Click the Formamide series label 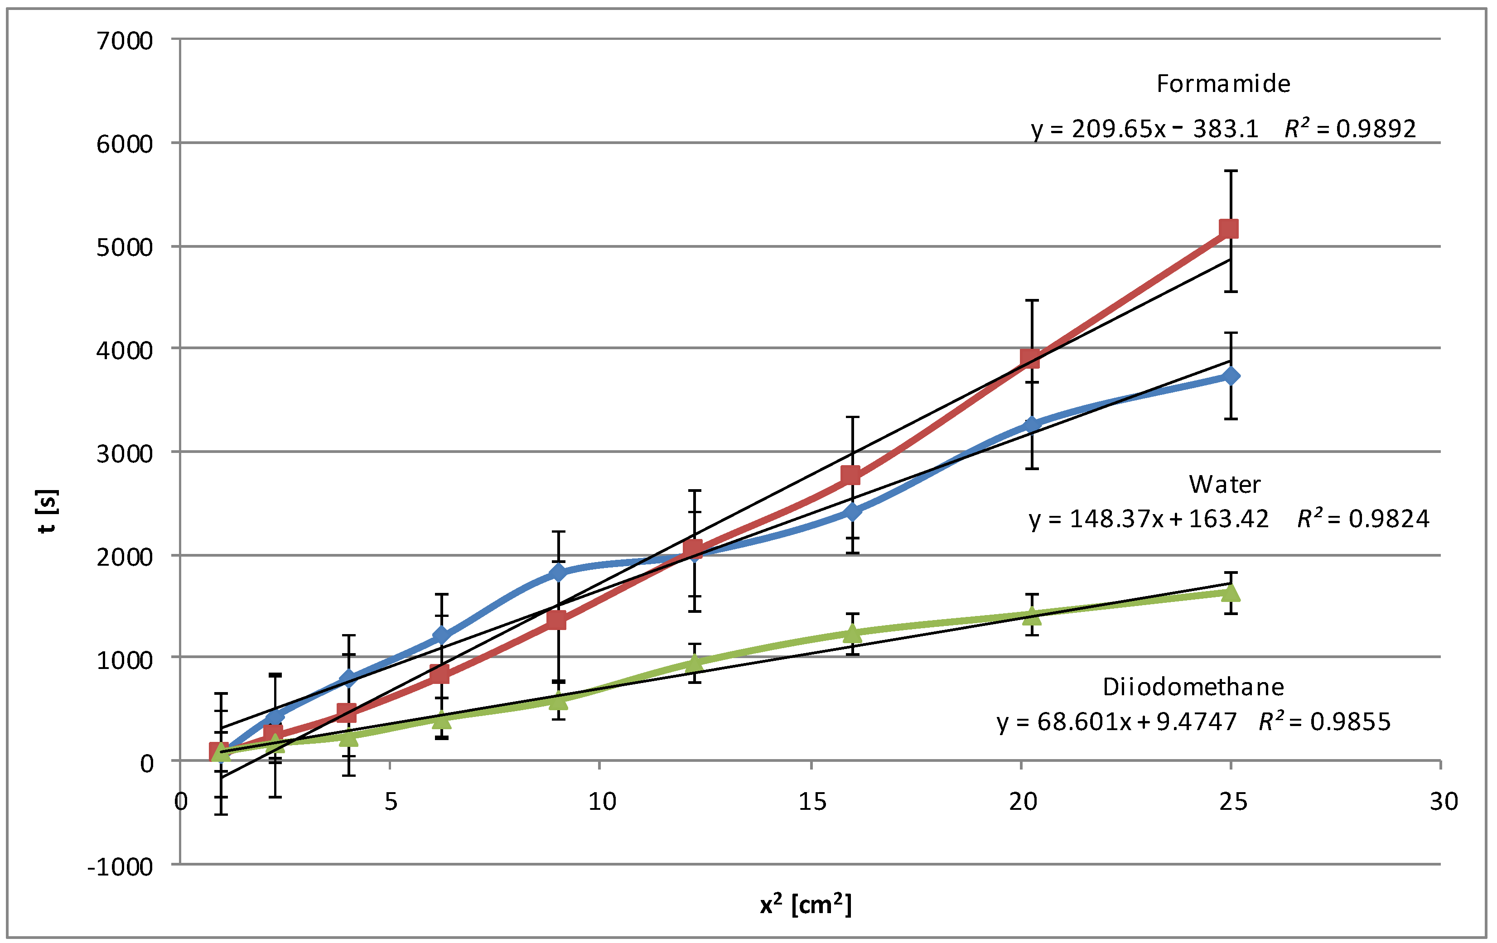[x=1223, y=84]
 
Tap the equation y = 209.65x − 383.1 [x=1144, y=129]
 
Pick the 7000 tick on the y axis [x=124, y=41]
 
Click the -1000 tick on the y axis [x=120, y=866]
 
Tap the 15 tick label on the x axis [x=812, y=802]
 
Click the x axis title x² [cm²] [x=806, y=905]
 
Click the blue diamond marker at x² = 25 [x=1230, y=376]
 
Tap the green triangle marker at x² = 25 [x=1230, y=592]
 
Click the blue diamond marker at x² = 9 [x=558, y=572]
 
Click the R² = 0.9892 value [x=1350, y=129]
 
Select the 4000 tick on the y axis [x=124, y=351]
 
